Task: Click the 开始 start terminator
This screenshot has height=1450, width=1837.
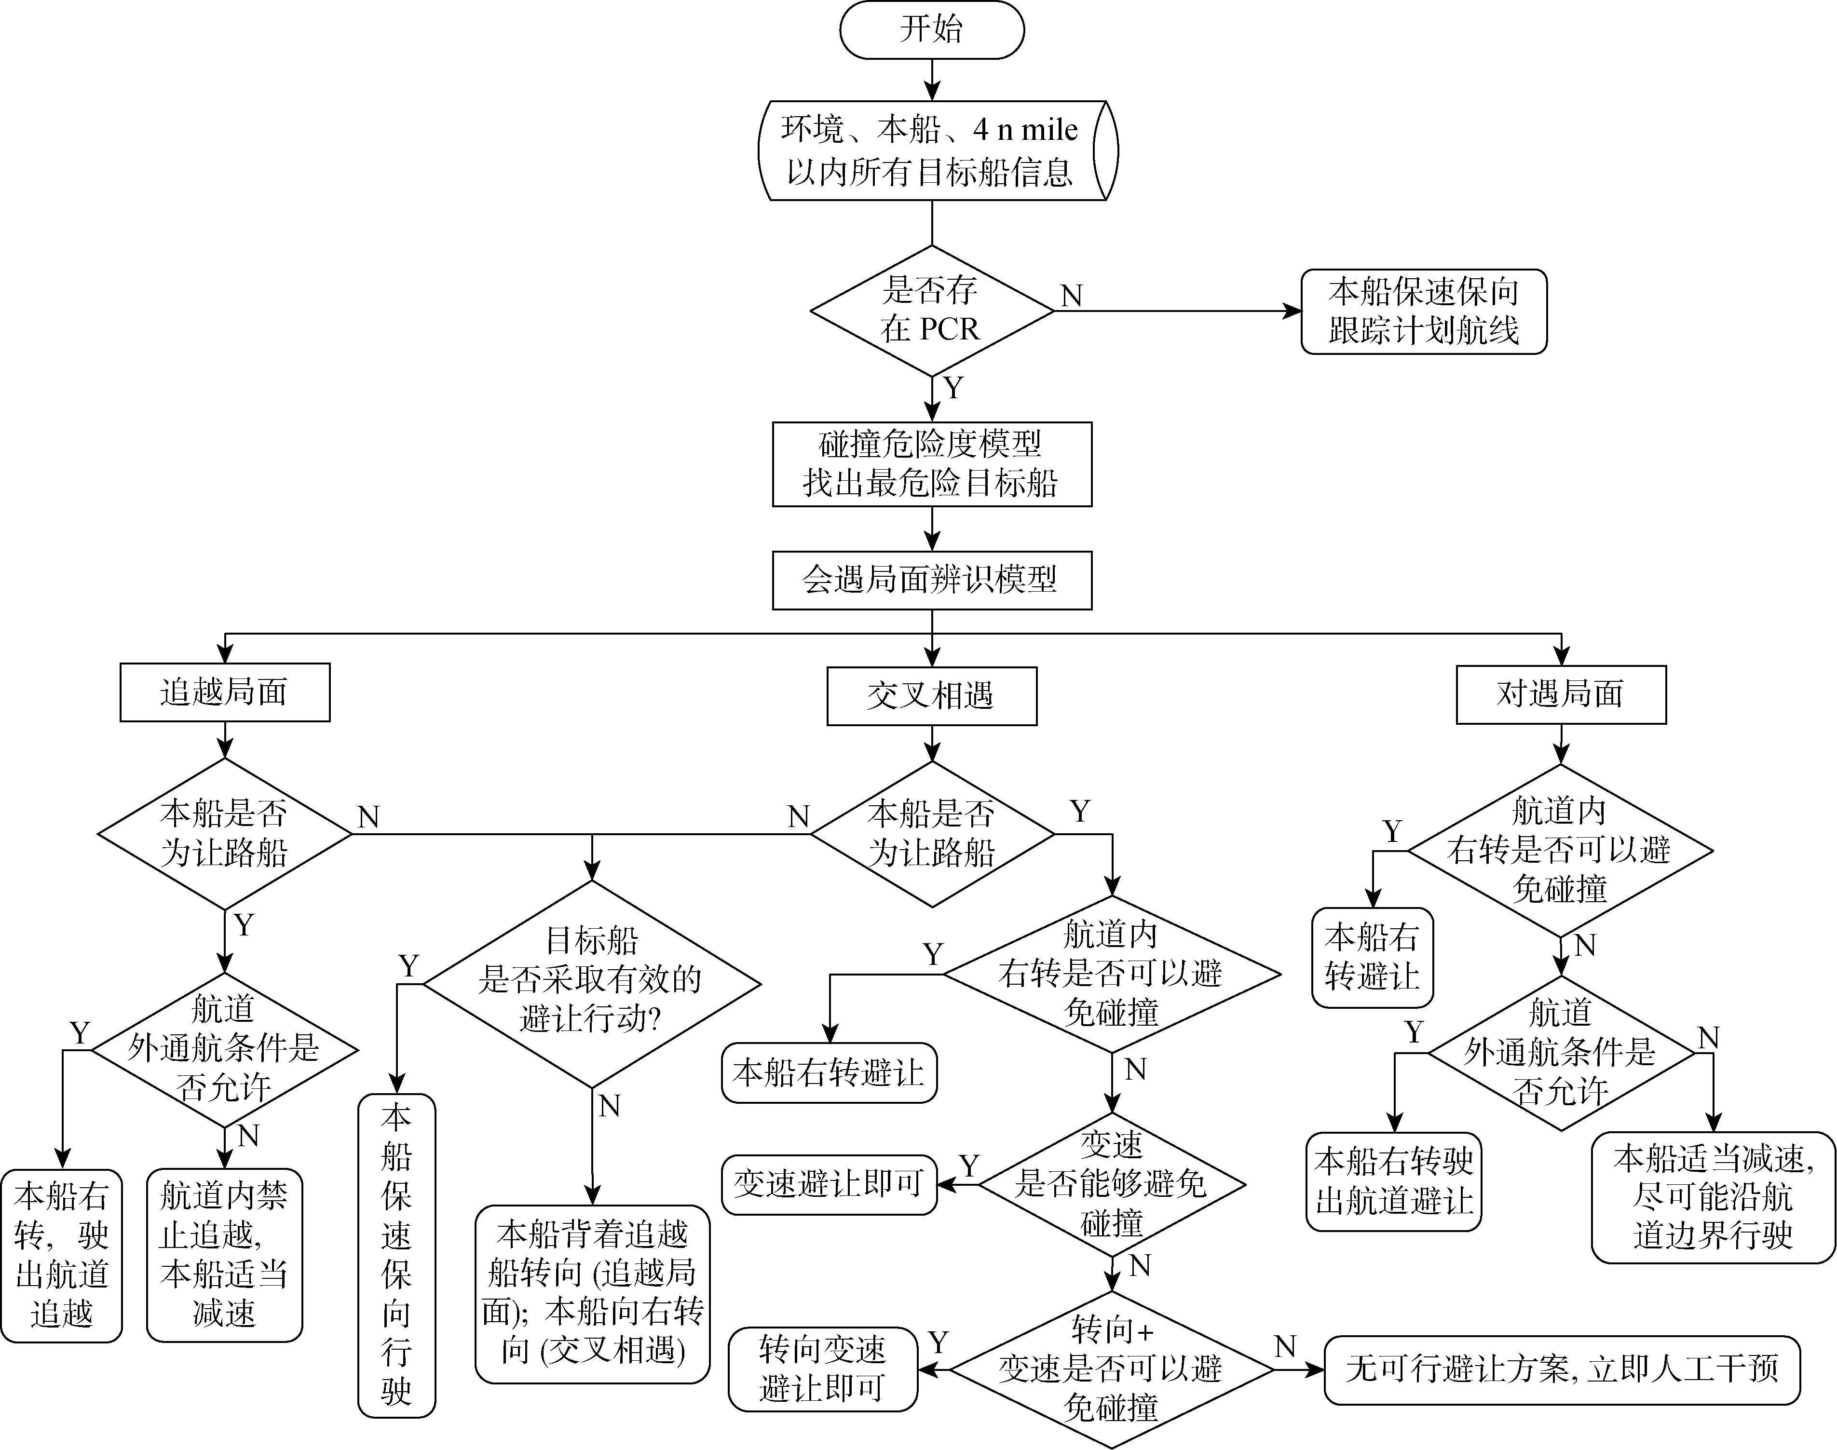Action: click(931, 30)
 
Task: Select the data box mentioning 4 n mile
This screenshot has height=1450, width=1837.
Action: click(931, 151)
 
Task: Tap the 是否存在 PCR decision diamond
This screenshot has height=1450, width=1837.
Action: click(931, 311)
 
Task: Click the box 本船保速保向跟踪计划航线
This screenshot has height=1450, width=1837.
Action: click(1424, 312)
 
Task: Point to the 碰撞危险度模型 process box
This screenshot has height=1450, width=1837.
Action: click(931, 464)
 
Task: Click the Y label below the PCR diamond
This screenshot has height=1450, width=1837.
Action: click(954, 389)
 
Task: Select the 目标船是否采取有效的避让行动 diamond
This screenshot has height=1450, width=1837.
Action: click(592, 984)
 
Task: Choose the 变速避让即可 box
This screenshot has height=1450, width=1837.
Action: click(829, 1184)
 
